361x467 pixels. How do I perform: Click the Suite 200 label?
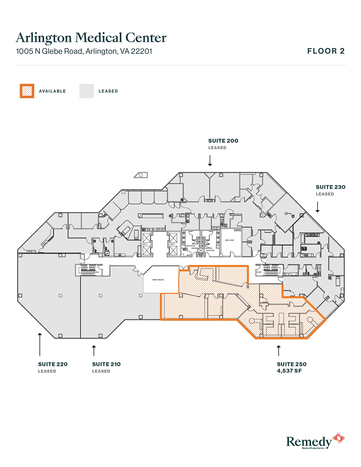point(223,141)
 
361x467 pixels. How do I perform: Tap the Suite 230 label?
point(330,187)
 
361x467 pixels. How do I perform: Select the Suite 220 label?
point(53,364)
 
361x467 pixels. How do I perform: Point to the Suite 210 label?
point(106,364)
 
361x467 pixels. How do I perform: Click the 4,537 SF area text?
point(289,371)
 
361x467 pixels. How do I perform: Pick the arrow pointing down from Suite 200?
point(210,160)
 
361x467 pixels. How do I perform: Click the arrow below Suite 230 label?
point(317,207)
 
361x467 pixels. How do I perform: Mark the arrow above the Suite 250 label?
point(279,350)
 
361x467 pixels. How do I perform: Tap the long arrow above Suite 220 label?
point(40,344)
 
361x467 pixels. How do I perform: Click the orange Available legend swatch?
point(27,91)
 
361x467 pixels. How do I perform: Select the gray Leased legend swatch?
point(86,91)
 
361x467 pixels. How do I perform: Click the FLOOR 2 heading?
point(326,51)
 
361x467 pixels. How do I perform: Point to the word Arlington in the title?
point(44,38)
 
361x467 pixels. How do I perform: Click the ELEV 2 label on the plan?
point(145,244)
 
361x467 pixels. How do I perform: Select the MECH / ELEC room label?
point(230,240)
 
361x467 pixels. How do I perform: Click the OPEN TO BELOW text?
point(158,280)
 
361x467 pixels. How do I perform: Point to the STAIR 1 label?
point(259,272)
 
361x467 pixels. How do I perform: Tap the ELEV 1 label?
point(172,244)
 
